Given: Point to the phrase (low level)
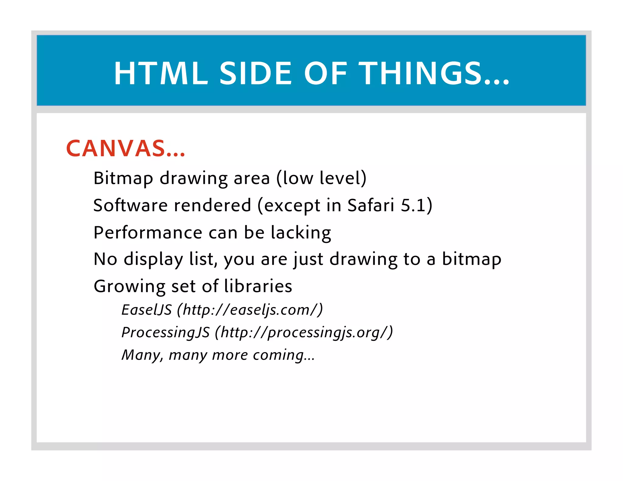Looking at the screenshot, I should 321,178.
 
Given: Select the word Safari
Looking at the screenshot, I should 371,205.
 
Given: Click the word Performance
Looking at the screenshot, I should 148,233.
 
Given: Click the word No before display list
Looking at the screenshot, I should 105,259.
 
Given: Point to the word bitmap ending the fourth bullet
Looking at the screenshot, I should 471,259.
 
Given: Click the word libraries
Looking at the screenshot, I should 258,286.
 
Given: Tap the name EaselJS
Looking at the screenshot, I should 147,310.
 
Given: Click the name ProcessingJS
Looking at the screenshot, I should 165,332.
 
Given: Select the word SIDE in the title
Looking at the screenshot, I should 256,73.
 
